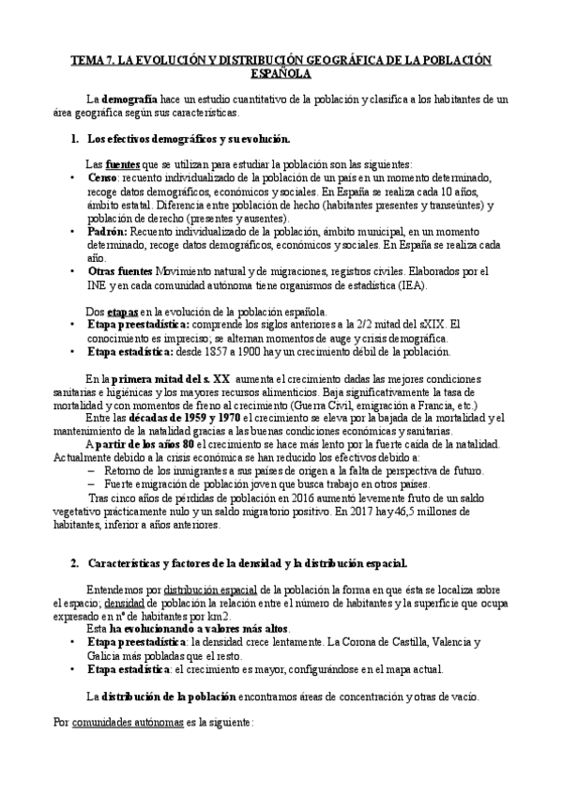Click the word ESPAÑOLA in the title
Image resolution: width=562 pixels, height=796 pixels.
281,72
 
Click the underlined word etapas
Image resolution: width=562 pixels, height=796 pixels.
127,311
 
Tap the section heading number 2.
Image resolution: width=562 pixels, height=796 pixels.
74,563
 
